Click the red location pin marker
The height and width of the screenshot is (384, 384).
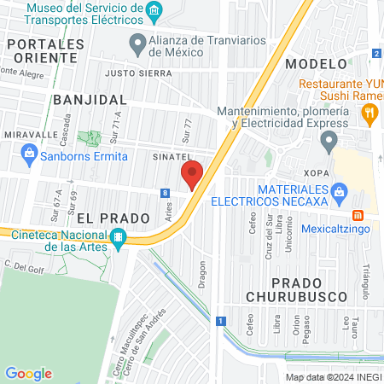pos(192,174)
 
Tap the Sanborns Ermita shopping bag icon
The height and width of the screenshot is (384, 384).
pos(29,154)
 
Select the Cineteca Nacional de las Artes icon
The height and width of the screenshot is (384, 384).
pos(119,236)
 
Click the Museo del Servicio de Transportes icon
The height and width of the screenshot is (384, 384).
pos(154,10)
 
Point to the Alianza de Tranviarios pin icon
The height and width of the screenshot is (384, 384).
pos(137,42)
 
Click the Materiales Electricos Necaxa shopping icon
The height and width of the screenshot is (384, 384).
pos(340,190)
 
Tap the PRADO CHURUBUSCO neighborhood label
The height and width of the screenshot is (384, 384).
pos(306,290)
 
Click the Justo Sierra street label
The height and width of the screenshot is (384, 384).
pos(132,74)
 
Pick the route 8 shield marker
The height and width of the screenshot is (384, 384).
pos(163,194)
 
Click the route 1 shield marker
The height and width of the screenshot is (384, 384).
pos(220,321)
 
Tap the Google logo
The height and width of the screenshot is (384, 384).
pos(28,373)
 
